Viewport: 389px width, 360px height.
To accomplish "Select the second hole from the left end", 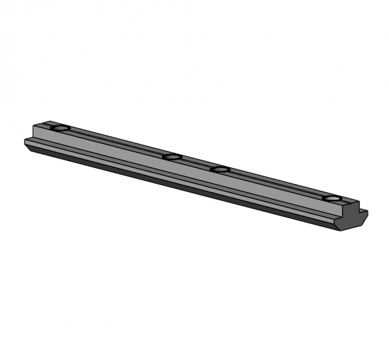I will pos(172,157).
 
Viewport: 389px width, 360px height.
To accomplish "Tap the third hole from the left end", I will pos(221,169).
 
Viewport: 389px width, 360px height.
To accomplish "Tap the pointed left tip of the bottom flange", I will pos(26,142).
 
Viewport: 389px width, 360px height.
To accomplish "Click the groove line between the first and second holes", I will pos(117,143).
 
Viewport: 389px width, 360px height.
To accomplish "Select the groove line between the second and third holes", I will pos(196,163).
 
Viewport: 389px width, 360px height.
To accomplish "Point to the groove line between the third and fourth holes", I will pos(275,184).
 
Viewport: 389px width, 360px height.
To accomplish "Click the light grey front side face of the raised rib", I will pos(180,170).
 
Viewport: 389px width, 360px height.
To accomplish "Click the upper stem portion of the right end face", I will pos(353,208).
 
